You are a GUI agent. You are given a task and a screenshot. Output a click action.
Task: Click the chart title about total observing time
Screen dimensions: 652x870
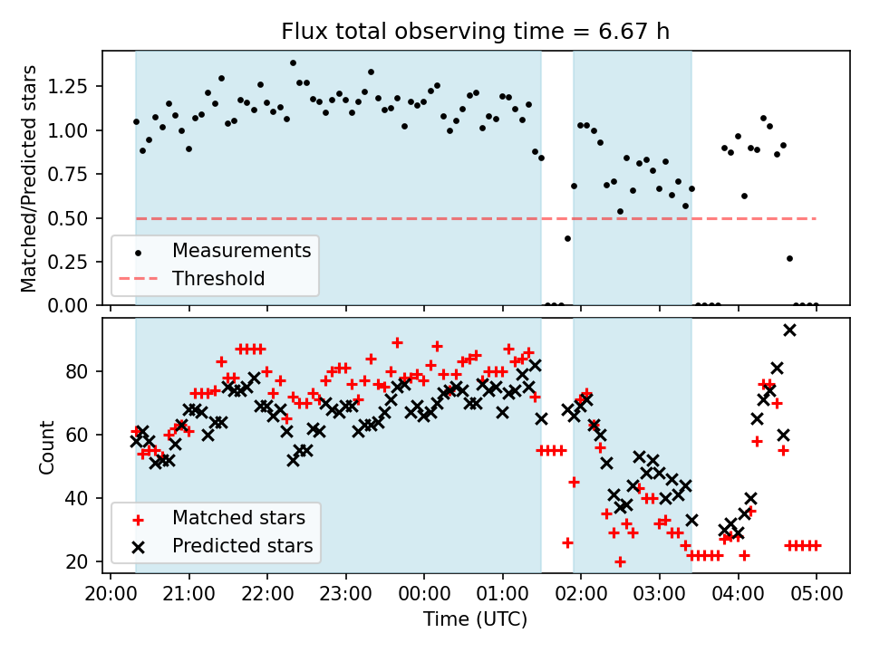(x=476, y=33)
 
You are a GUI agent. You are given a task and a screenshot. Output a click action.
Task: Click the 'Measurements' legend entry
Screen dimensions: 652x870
(x=241, y=249)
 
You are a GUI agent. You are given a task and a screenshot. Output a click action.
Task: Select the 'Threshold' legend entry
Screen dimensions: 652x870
(x=218, y=278)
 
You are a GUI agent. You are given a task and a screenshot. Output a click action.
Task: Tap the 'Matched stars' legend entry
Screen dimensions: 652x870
(x=238, y=518)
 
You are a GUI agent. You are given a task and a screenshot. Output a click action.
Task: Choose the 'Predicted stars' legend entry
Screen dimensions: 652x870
(x=242, y=546)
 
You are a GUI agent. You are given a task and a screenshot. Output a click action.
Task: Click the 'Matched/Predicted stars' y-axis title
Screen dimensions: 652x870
(x=29, y=178)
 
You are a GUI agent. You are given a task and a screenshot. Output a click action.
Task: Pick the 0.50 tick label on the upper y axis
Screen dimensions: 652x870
(x=79, y=218)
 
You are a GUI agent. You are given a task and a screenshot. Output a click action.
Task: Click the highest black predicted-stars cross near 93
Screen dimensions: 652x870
(x=789, y=330)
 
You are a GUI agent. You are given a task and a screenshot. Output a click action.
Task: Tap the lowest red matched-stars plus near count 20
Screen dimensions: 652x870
(x=620, y=561)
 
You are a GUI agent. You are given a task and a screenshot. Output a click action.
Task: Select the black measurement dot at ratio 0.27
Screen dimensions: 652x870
(x=789, y=258)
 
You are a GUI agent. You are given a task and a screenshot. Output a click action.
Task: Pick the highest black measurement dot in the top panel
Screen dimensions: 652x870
(x=293, y=63)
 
